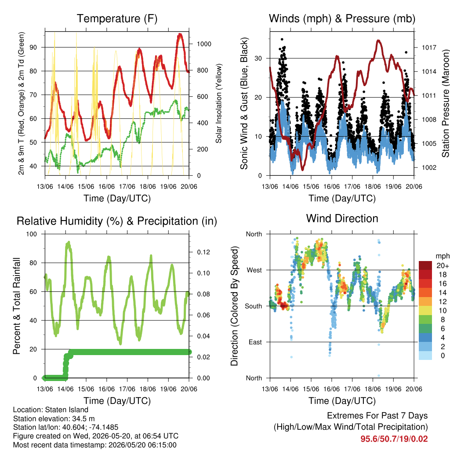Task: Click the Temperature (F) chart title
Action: click(x=117, y=18)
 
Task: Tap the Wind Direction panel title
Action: click(x=342, y=218)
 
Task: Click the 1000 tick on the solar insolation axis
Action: click(x=204, y=44)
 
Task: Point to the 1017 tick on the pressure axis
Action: click(x=429, y=47)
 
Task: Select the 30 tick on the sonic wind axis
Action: click(x=258, y=58)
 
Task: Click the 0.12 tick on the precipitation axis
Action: click(x=203, y=252)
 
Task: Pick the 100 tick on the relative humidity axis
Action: click(x=32, y=234)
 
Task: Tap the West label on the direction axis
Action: click(x=254, y=270)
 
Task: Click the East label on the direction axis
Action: click(x=255, y=342)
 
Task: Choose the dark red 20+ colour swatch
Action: click(x=425, y=265)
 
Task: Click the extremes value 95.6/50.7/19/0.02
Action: click(x=394, y=439)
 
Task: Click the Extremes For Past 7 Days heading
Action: click(x=377, y=416)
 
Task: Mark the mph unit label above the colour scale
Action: click(x=442, y=256)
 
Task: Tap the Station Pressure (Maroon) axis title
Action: click(x=446, y=103)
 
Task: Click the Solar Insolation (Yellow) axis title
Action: click(x=219, y=103)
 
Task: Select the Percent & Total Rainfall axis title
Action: click(x=17, y=306)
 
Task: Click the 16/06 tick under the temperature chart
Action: click(x=106, y=186)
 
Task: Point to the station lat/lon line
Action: click(x=66, y=427)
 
